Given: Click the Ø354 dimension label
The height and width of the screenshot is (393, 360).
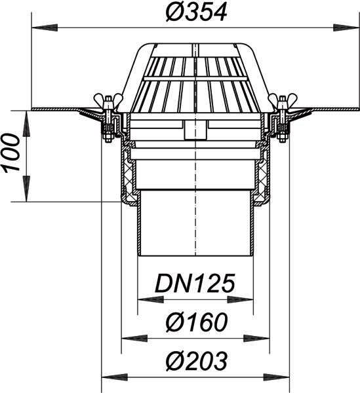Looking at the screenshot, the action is (x=197, y=12).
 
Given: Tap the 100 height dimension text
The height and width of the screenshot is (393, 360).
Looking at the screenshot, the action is (x=11, y=153).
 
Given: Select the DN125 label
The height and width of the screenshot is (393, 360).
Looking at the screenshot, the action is (x=195, y=283).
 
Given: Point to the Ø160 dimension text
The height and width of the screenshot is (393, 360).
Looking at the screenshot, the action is (x=197, y=322).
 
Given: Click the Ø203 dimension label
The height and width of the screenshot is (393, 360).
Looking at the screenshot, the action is (x=197, y=360).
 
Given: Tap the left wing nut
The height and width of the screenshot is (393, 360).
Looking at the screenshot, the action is (x=108, y=98).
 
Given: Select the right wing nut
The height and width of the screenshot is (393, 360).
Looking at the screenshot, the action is (x=283, y=98).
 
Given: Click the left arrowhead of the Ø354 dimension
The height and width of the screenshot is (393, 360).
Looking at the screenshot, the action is (x=45, y=28).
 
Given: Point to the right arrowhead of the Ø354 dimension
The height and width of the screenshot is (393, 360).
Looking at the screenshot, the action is (x=347, y=28).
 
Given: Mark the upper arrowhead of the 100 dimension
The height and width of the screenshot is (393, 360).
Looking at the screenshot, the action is (x=26, y=124).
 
